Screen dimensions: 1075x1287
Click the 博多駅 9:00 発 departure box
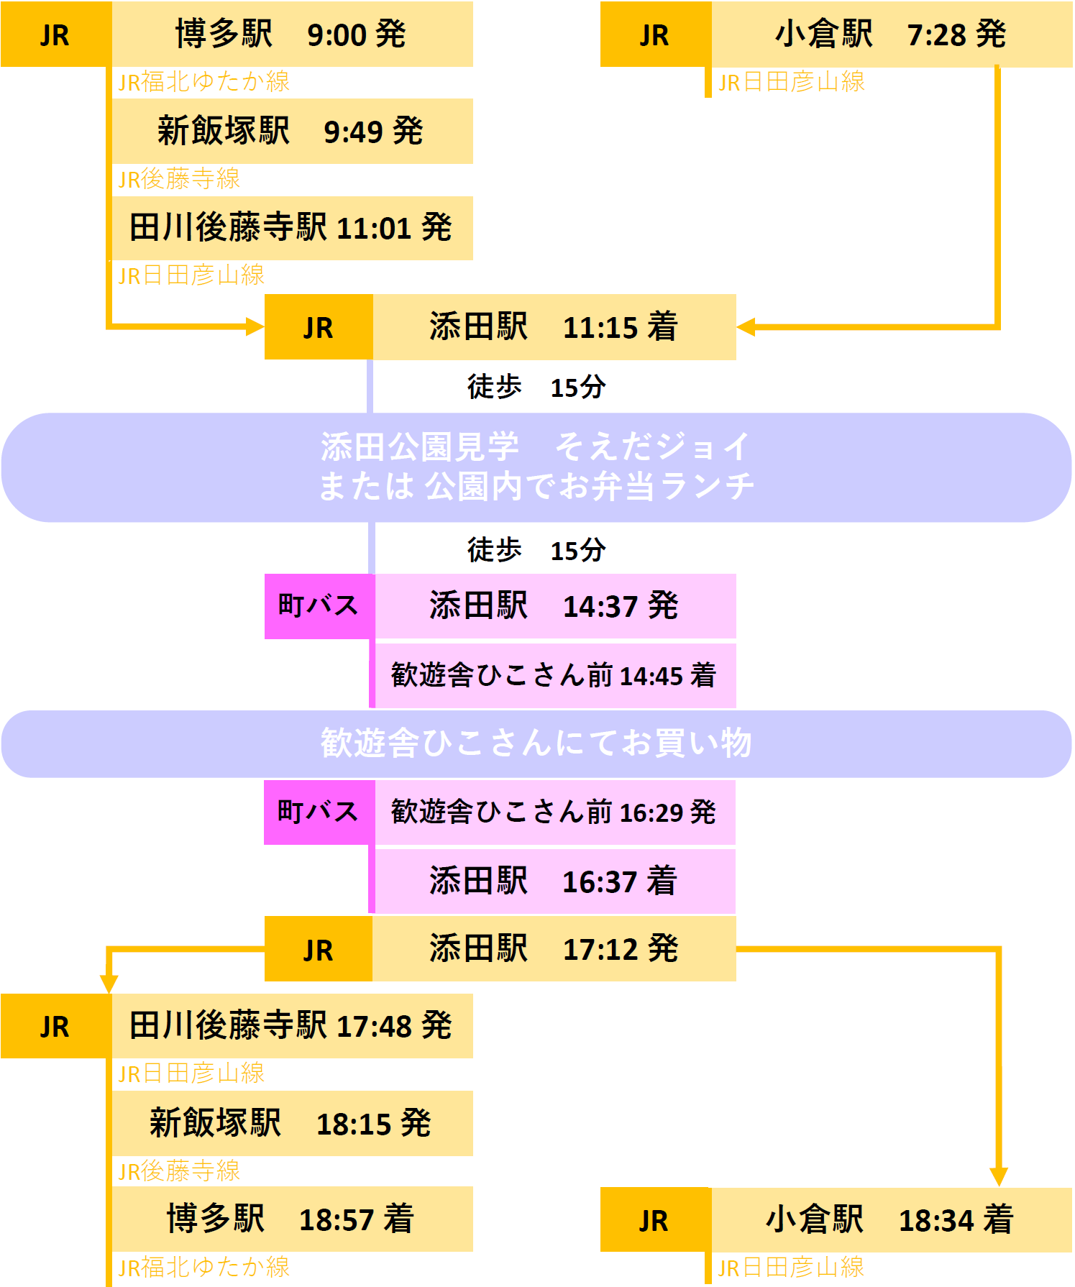click(292, 34)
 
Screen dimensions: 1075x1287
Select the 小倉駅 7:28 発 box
click(892, 34)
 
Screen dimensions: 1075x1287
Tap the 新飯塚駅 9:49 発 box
click(292, 131)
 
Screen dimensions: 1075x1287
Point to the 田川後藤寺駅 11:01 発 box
click(292, 228)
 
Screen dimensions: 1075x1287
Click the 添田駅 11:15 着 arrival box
click(554, 327)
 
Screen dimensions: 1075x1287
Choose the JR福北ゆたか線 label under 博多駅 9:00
click(204, 82)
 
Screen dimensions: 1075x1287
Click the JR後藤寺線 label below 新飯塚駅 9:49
click(179, 179)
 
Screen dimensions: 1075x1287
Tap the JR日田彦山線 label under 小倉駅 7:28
click(792, 82)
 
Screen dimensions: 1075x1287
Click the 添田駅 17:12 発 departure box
click(554, 949)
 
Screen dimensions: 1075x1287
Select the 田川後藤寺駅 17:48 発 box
click(292, 1026)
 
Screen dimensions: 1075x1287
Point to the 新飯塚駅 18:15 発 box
click(292, 1123)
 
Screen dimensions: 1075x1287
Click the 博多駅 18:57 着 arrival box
click(292, 1219)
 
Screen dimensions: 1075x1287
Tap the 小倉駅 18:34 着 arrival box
click(892, 1220)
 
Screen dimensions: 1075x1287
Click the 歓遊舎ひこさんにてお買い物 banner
click(536, 744)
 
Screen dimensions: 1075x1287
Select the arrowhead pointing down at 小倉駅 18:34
click(999, 1177)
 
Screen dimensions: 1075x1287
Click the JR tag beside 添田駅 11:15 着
click(319, 327)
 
